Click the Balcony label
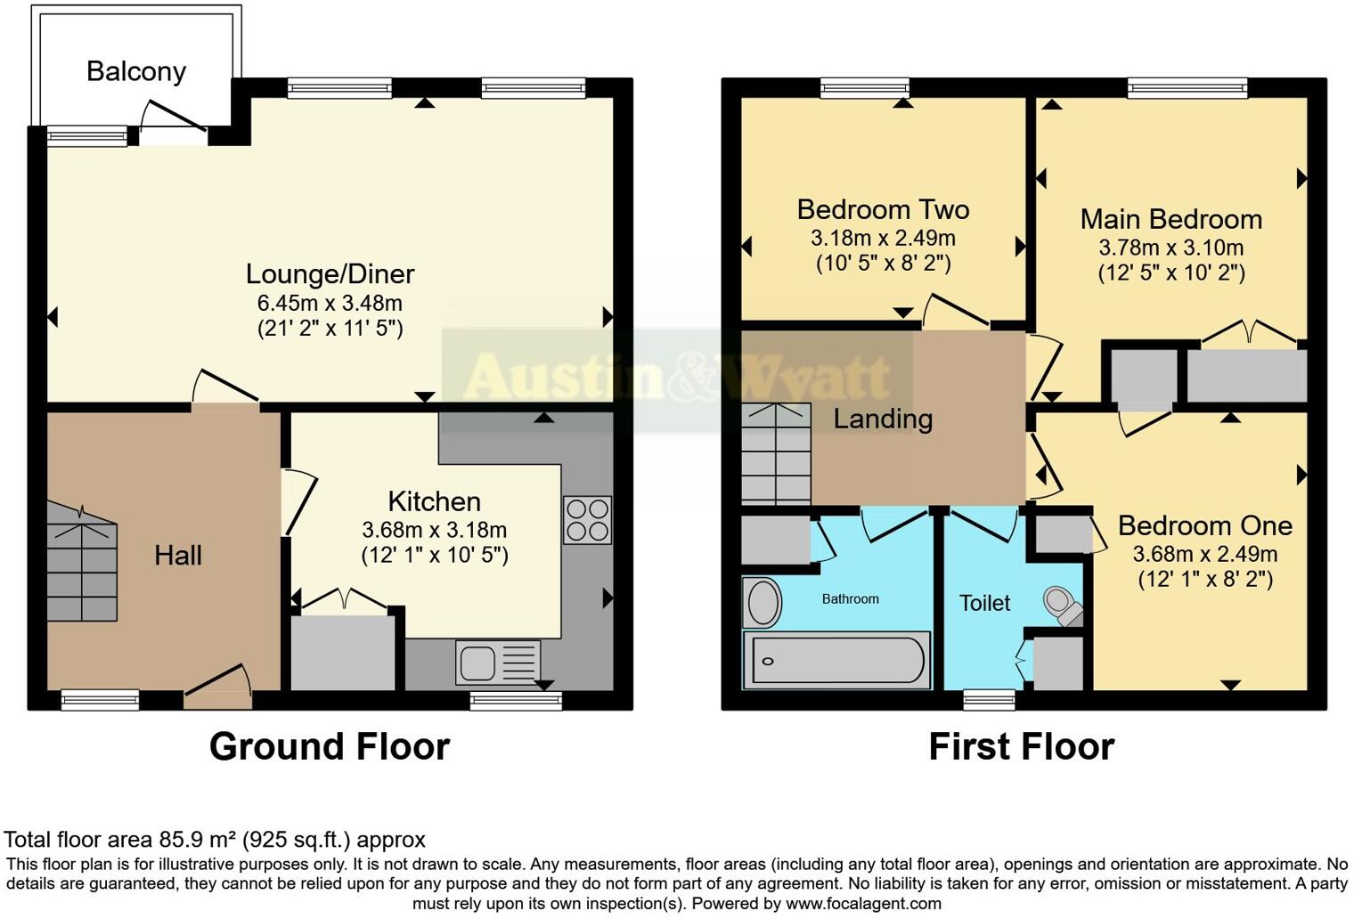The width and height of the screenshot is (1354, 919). (136, 71)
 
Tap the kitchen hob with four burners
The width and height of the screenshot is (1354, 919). (587, 519)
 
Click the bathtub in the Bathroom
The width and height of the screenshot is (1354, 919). (836, 660)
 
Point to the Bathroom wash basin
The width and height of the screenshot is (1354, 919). (763, 603)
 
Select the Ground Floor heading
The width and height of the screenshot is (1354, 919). (329, 746)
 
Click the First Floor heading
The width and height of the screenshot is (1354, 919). (1021, 746)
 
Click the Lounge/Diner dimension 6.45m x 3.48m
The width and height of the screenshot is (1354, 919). (330, 303)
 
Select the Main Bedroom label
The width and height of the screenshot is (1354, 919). (1170, 219)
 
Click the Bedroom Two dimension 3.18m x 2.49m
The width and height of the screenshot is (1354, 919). (883, 239)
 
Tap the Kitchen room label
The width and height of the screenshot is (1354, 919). (434, 501)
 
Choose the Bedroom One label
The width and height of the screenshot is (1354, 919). (1204, 525)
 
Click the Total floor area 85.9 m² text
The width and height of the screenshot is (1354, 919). (215, 840)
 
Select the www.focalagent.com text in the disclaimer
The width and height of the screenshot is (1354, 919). (863, 904)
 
